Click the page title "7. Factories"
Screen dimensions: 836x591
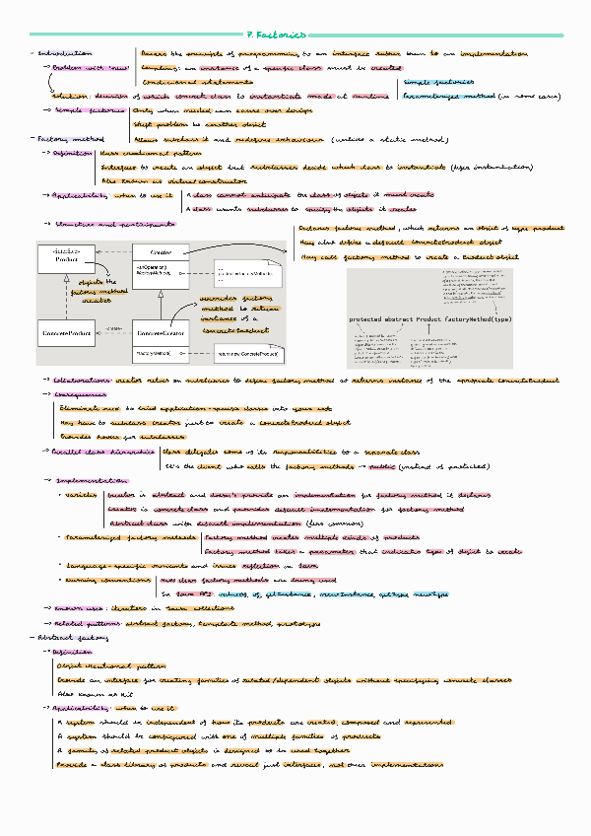click(x=295, y=34)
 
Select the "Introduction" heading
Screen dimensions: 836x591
click(x=66, y=51)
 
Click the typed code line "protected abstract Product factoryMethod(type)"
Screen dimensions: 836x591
click(x=430, y=319)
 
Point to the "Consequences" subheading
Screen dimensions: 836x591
click(x=78, y=393)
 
